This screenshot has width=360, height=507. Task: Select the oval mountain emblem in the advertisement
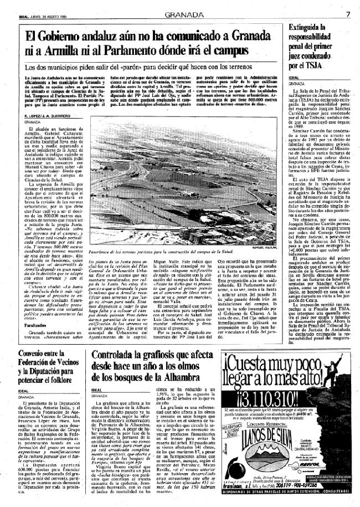[x=244, y=409]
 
